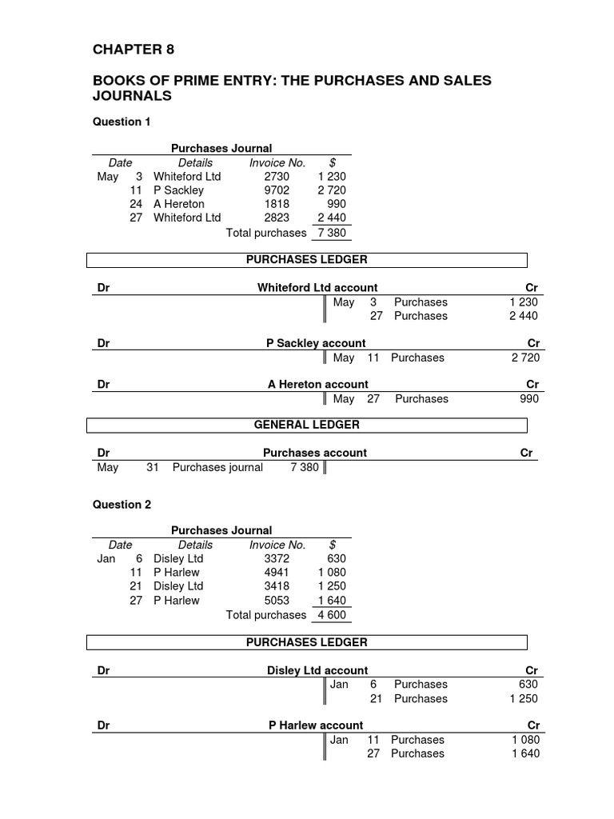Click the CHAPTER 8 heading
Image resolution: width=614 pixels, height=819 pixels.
(134, 50)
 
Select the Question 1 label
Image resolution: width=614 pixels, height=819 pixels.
(122, 122)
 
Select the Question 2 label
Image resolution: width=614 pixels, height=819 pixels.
(122, 505)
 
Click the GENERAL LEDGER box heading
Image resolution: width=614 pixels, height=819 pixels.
(306, 425)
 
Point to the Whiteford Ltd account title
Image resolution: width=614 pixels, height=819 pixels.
(317, 288)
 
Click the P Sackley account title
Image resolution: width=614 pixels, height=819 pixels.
(315, 343)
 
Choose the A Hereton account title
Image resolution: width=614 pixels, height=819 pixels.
(317, 385)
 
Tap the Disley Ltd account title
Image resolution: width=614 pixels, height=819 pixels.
(317, 670)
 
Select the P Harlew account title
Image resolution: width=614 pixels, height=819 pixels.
(316, 725)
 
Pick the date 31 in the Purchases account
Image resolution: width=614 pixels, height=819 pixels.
(153, 467)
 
